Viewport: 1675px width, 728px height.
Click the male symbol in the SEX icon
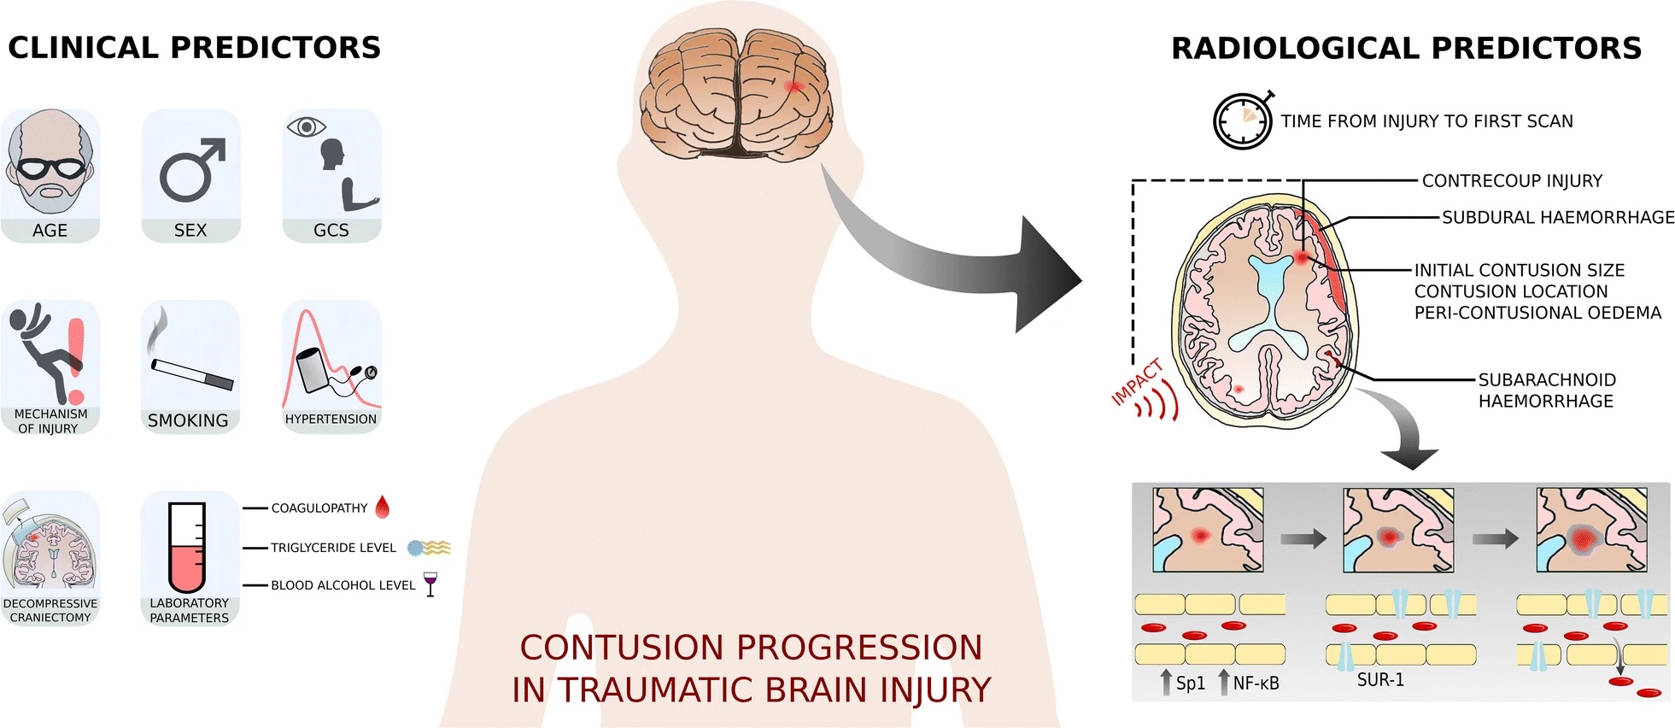point(190,171)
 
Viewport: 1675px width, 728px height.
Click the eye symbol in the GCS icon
point(306,127)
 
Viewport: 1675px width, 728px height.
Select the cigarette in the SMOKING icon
point(192,374)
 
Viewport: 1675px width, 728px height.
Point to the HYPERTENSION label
point(331,420)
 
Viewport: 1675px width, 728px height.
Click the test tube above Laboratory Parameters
point(187,547)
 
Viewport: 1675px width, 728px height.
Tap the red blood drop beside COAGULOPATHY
point(383,508)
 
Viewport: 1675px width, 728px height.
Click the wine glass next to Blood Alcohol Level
point(430,584)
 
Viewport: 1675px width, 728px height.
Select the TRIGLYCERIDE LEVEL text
point(333,548)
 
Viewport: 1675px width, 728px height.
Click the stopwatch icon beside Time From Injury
point(1243,121)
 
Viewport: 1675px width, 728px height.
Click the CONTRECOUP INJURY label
point(1512,181)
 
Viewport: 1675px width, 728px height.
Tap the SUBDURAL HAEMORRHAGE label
point(1558,218)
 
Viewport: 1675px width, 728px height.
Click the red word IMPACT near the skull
point(1137,383)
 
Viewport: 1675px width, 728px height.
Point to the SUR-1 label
point(1380,680)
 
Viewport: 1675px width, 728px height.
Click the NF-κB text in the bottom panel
point(1256,684)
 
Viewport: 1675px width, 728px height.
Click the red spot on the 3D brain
point(794,86)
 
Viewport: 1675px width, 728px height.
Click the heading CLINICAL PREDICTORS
point(195,48)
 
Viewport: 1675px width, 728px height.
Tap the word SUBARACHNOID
point(1547,380)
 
